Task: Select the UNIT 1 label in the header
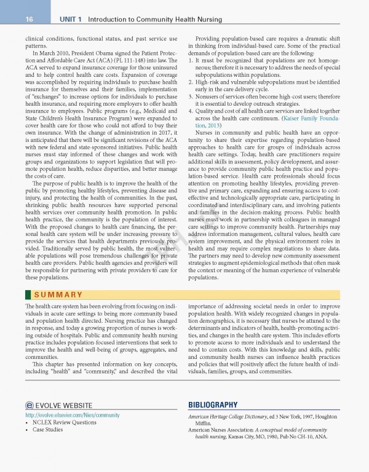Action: coord(72,20)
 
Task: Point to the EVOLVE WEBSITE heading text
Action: coord(64,406)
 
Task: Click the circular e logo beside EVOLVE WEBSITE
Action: coord(30,406)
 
